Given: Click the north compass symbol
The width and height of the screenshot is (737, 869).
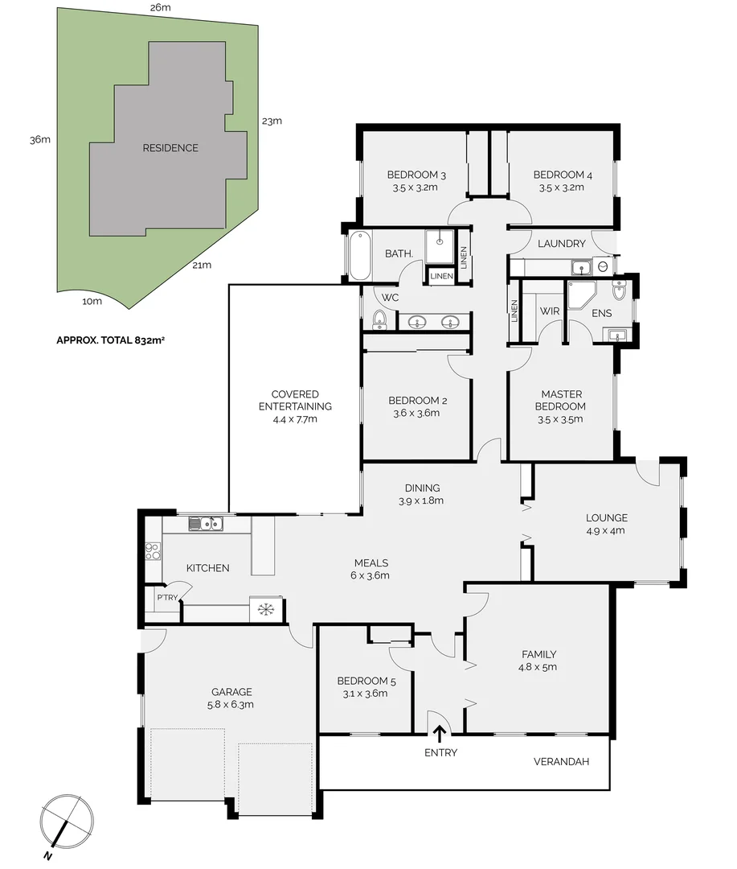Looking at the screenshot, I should pos(68,822).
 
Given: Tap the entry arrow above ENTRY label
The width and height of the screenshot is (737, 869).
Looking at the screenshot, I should pos(440,732).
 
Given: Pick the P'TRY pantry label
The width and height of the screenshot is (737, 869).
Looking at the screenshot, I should pos(167,598).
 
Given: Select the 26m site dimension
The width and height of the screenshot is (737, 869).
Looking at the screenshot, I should pos(160,7).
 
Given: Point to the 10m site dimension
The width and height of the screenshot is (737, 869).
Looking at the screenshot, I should pos(92,302).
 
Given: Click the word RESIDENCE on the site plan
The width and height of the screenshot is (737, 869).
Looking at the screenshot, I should pos(170,148).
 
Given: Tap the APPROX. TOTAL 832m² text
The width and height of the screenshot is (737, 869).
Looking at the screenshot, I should pos(110,340).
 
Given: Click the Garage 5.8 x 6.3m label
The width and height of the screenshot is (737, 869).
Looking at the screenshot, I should pos(231,698).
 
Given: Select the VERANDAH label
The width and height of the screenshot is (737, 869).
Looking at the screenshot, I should pos(562,760).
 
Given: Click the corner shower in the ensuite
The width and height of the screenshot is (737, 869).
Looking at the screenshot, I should pos(579,295).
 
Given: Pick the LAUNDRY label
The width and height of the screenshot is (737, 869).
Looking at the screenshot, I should pos(561,244).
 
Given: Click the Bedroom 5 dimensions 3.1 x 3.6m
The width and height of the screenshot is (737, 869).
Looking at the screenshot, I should pos(366,694).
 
